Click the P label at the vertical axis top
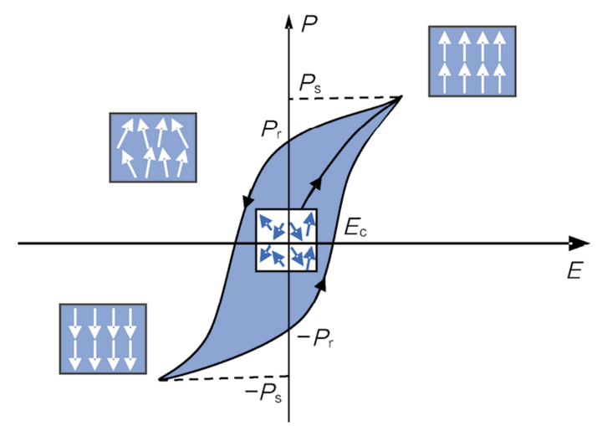pos(309,24)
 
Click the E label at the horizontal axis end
pos(574,269)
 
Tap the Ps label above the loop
pos(310,84)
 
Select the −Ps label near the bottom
pos(263,393)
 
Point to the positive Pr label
pos(272,129)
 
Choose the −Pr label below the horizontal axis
pos(315,339)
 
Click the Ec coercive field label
pos(355,228)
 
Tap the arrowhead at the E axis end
pos(579,244)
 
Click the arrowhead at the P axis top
pos(288,22)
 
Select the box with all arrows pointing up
pos(472,61)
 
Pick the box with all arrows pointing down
pos(103,339)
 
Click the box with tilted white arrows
pos(153,147)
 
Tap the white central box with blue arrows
pos(287,240)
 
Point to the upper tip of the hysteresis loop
pos(401,96)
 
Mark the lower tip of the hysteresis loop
pos(161,379)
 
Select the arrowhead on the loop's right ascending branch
pos(321,284)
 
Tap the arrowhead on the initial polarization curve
pos(316,182)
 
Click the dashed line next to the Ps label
pos(344,98)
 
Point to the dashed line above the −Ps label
pos(226,378)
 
